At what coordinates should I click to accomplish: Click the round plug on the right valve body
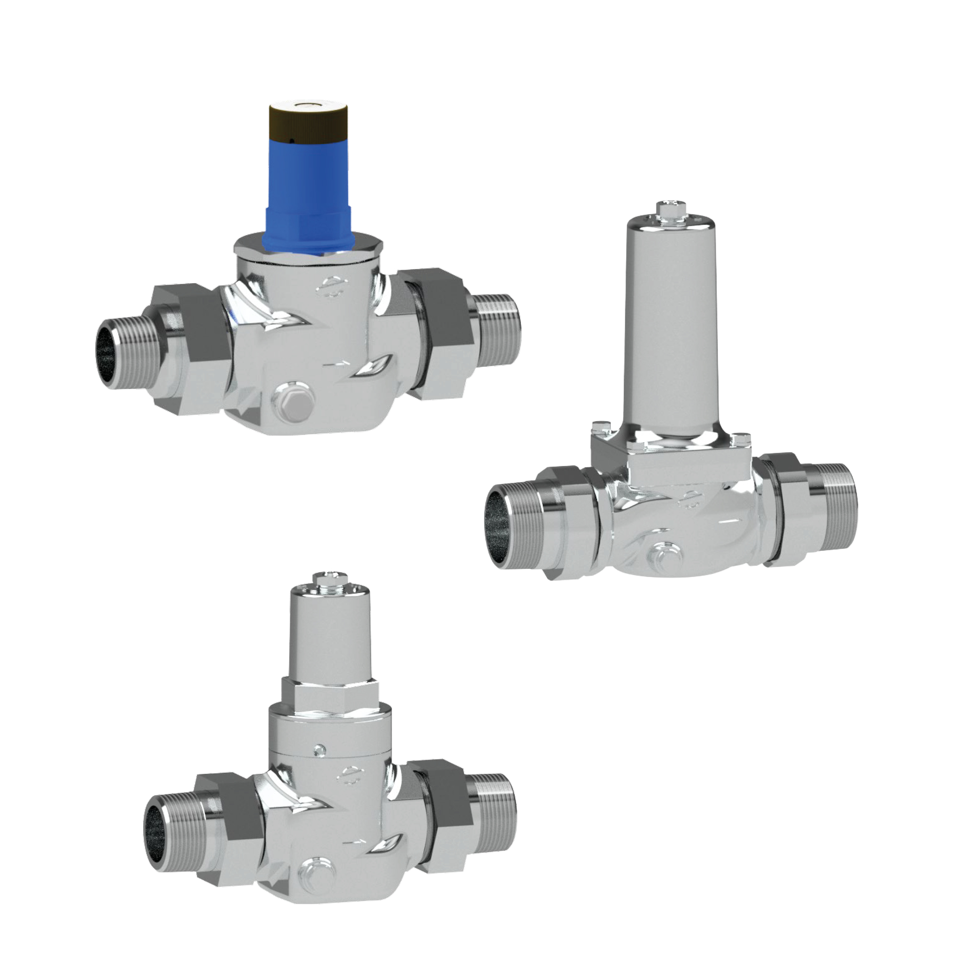pos(665,555)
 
